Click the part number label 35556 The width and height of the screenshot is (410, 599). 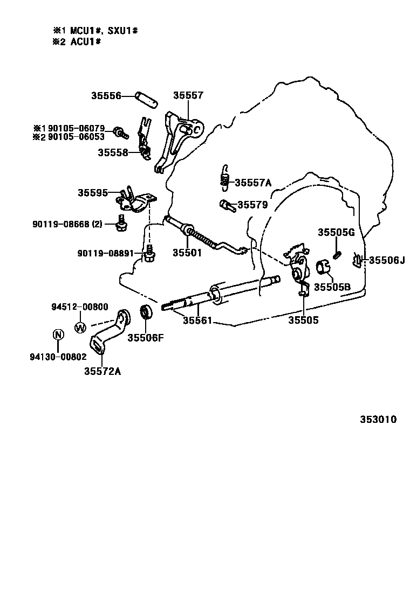point(105,96)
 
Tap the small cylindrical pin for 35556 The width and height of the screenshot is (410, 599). point(146,99)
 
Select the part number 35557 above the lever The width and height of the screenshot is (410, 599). point(188,96)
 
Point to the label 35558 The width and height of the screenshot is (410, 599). point(112,152)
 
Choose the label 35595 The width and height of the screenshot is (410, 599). point(92,192)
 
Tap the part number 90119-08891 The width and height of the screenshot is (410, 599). point(105,253)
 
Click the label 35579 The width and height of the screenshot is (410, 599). point(252,205)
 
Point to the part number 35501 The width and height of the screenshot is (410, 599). point(187,253)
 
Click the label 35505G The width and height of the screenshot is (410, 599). point(336,232)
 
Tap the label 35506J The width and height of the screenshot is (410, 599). point(386,260)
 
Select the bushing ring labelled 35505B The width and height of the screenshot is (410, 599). point(323,267)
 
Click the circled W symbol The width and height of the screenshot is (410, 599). point(80,327)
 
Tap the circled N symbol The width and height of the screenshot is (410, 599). point(58,335)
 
